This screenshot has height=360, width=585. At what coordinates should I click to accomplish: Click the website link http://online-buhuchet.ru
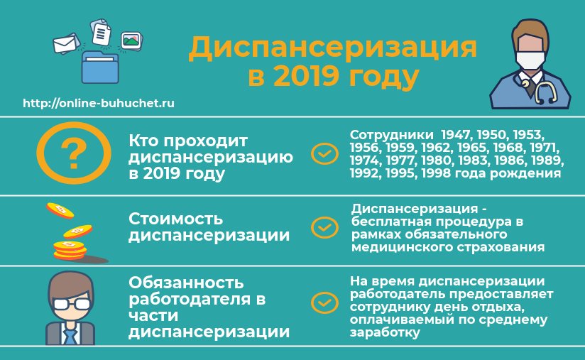(99, 103)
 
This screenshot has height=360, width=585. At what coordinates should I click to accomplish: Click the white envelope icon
(65, 43)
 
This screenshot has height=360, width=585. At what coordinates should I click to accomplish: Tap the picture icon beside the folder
(131, 40)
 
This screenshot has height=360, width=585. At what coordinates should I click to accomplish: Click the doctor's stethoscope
(541, 89)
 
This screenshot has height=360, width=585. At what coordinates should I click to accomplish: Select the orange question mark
(74, 153)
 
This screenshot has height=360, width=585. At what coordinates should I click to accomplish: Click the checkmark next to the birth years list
(324, 153)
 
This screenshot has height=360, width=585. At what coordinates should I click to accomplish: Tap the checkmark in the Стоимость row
(324, 227)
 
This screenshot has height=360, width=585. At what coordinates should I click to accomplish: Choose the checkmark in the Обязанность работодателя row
(324, 302)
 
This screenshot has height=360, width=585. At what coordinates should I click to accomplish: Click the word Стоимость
(175, 219)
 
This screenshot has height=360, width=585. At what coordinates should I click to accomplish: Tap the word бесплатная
(390, 222)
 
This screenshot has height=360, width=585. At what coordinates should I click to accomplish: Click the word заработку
(385, 332)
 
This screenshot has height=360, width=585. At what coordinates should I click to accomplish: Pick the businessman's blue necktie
(70, 334)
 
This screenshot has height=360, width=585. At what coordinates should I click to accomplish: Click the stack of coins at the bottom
(70, 251)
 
